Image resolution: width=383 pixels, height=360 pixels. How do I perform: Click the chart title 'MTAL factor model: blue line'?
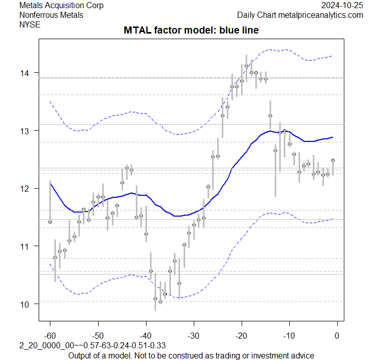[x=191, y=31]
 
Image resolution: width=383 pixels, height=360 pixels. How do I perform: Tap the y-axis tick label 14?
[x=25, y=73]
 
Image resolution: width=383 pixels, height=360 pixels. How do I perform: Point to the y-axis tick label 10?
[x=25, y=304]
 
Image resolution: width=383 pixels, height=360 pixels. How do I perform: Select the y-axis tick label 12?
[x=25, y=189]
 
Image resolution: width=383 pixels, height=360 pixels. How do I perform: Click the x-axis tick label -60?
[x=50, y=335]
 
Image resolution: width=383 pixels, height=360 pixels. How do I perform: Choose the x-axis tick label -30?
[x=193, y=335]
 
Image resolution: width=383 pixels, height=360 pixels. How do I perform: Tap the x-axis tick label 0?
[x=337, y=335]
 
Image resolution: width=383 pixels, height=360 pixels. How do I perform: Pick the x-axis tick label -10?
[x=289, y=335]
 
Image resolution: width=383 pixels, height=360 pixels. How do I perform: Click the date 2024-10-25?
[x=343, y=6]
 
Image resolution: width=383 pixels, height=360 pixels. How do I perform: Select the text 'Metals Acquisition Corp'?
[x=61, y=6]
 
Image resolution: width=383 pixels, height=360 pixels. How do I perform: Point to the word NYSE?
[x=30, y=24]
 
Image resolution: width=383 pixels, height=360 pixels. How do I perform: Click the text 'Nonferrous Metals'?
[x=51, y=15]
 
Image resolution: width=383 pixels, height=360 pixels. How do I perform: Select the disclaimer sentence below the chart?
[x=191, y=355]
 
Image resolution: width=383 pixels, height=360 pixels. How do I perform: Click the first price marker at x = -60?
[x=50, y=222]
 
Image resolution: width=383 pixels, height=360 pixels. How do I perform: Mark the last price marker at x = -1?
[x=333, y=160]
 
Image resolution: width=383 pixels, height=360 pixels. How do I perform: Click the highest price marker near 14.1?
[x=246, y=66]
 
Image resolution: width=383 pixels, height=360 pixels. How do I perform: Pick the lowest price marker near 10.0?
[x=160, y=302]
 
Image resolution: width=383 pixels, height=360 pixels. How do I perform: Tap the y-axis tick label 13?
[x=25, y=131]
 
